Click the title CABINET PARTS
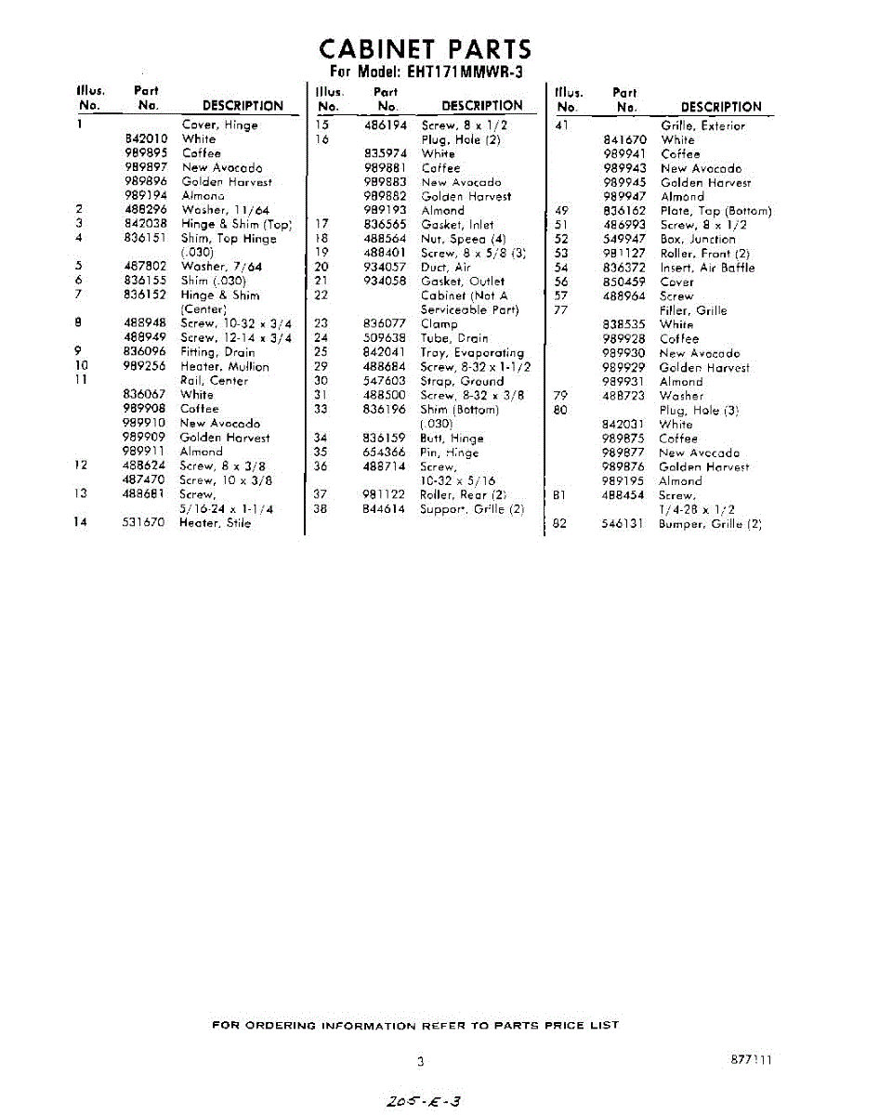426,48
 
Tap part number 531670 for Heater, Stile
143,523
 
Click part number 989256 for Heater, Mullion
143,366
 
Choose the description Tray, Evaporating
472,352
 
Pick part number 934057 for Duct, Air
383,267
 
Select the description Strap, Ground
462,381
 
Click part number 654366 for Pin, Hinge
383,453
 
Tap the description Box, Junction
698,239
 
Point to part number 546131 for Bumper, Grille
623,524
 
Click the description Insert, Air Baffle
707,268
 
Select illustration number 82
559,524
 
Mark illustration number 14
81,523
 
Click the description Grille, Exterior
702,125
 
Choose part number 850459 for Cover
623,282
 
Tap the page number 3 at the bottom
420,1061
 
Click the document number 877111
751,1059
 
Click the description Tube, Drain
453,338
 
